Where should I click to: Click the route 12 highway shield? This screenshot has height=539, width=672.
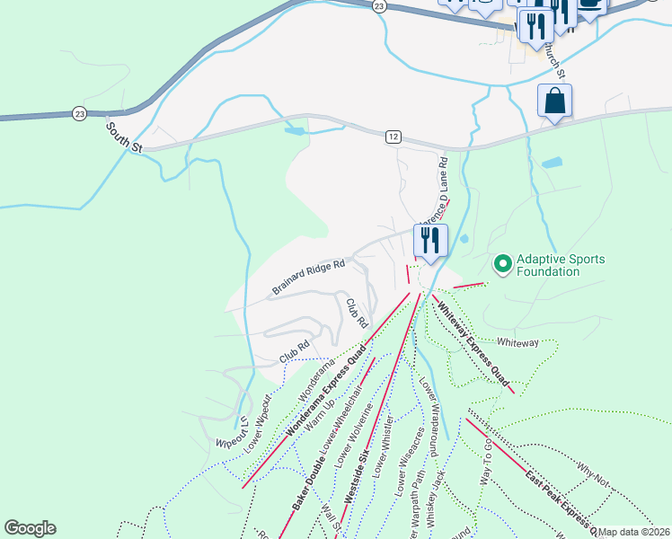(x=393, y=136)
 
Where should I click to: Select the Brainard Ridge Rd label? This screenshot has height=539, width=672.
(x=308, y=278)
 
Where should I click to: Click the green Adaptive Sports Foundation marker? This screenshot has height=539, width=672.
(x=502, y=265)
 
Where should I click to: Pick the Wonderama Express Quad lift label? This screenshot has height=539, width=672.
(x=325, y=393)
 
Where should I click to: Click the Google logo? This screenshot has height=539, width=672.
(x=30, y=528)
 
